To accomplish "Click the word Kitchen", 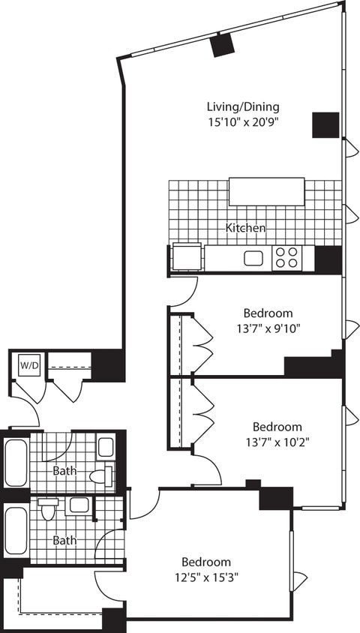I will point(246,227).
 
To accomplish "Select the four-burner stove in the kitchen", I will point(285,257).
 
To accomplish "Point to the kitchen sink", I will point(253,258).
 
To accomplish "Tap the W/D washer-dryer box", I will point(28,366).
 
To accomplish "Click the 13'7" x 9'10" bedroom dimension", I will point(268,328).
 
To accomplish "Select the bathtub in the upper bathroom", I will point(15,463).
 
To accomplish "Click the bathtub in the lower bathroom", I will point(15,533).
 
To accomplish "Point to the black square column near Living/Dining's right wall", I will point(326,124).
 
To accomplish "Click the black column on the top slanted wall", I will point(222,45).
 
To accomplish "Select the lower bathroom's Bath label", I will point(63,539).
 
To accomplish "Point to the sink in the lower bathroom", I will point(76,505).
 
